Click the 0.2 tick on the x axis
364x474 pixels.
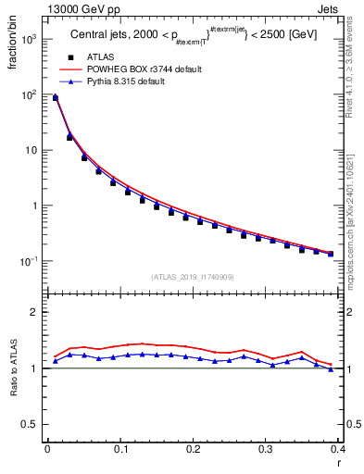tap(193, 451)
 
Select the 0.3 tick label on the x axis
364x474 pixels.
tap(266, 451)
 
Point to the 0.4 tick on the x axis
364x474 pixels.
tap(337, 451)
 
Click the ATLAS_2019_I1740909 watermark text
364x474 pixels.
tap(192, 277)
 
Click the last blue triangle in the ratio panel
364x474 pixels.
tap(331, 369)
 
